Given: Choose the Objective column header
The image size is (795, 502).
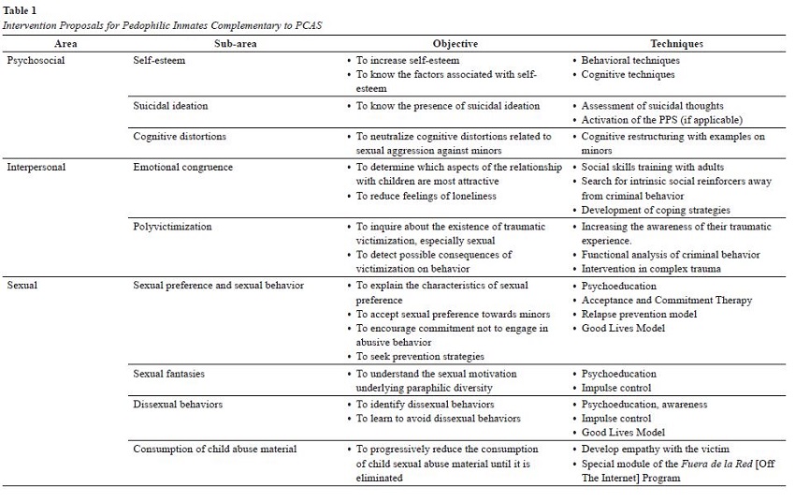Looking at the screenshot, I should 455,43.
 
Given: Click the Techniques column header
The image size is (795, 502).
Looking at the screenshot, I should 677,43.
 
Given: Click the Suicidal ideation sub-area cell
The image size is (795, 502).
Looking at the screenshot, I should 171,106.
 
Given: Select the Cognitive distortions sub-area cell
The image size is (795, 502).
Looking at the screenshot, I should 180,136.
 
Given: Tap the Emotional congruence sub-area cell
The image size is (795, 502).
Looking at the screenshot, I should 183,167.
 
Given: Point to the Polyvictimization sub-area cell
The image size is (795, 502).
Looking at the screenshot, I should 172,227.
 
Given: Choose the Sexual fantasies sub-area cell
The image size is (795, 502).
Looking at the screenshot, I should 169,374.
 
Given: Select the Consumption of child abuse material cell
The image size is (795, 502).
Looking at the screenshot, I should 215,449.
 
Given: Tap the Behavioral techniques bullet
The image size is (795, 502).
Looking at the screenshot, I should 630,60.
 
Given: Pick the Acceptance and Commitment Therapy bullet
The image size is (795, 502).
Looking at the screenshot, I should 667,300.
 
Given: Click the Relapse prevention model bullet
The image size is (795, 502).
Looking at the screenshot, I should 639,314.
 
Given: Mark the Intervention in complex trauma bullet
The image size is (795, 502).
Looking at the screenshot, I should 649,269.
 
